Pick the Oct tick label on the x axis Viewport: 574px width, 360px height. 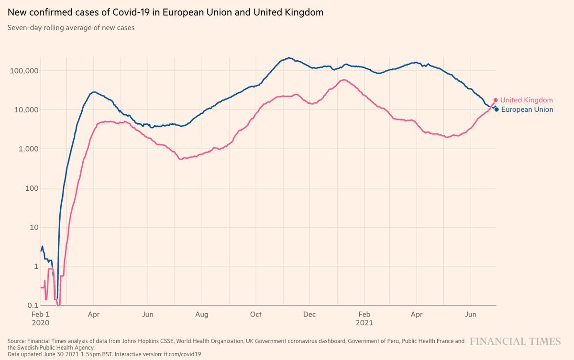[x=256, y=314]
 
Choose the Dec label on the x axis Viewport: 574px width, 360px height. [x=309, y=314]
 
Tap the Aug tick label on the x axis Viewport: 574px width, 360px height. [x=202, y=314]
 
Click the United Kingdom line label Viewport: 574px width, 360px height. [x=526, y=100]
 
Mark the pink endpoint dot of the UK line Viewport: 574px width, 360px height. [x=496, y=100]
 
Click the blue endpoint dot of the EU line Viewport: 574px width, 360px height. [x=497, y=109]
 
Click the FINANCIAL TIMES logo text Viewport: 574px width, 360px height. [x=515, y=341]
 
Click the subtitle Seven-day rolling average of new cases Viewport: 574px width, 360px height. [x=71, y=28]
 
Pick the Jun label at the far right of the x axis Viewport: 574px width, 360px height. [x=471, y=314]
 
